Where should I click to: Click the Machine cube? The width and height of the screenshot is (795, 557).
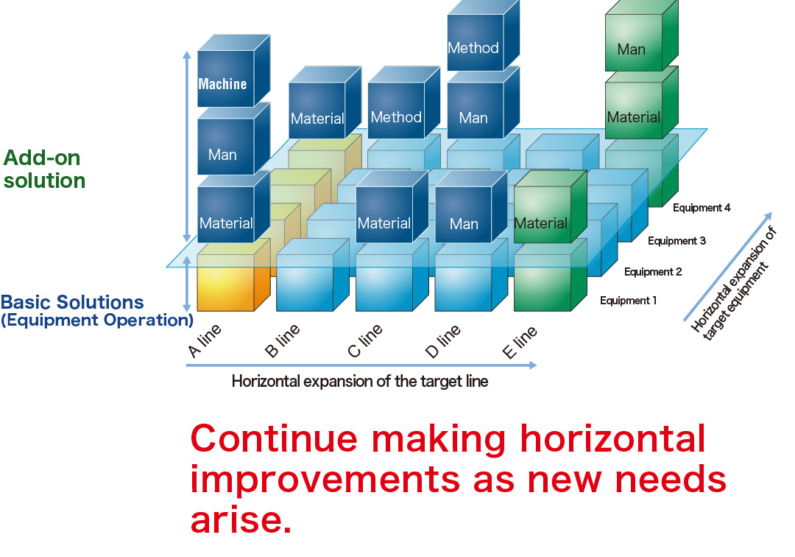[233, 71]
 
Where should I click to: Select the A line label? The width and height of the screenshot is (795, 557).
[205, 341]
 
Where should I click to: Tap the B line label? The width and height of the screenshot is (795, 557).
[283, 341]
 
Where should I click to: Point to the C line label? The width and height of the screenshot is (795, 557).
[364, 341]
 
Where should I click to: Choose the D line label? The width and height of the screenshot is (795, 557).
[442, 341]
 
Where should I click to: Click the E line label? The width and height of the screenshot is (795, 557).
[519, 342]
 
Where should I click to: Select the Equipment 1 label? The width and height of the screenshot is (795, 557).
[628, 301]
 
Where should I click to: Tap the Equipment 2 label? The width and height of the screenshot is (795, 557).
[652, 272]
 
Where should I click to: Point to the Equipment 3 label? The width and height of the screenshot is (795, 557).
[676, 241]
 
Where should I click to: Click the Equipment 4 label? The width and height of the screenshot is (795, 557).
[702, 208]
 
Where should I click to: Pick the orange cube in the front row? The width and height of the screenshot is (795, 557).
[233, 276]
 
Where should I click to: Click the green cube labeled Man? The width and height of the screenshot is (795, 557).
[641, 35]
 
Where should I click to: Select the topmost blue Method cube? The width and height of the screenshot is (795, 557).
[483, 35]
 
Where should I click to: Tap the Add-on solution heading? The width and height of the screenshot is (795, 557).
[44, 169]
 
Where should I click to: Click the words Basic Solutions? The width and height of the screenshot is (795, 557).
[72, 302]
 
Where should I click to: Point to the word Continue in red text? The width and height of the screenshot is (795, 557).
[274, 438]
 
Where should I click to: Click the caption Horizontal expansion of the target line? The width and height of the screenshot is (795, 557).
[360, 382]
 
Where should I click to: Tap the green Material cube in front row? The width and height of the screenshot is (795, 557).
[550, 207]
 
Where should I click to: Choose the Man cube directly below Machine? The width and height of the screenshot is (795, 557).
[233, 139]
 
